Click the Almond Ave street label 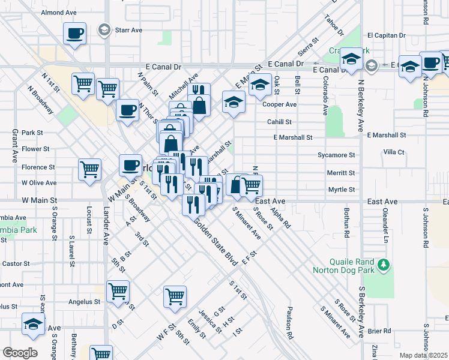click(59, 12)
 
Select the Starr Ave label click(128, 29)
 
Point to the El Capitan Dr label click(387, 35)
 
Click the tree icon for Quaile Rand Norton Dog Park click(385, 264)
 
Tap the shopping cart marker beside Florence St click(89, 169)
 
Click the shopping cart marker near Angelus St click(118, 291)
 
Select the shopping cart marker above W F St click(175, 295)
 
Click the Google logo click(20, 353)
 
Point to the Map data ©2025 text click(423, 355)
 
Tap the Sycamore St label click(337, 155)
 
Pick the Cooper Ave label click(280, 104)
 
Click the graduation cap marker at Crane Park click(351, 59)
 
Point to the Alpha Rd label click(280, 217)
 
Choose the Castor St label click(16, 263)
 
